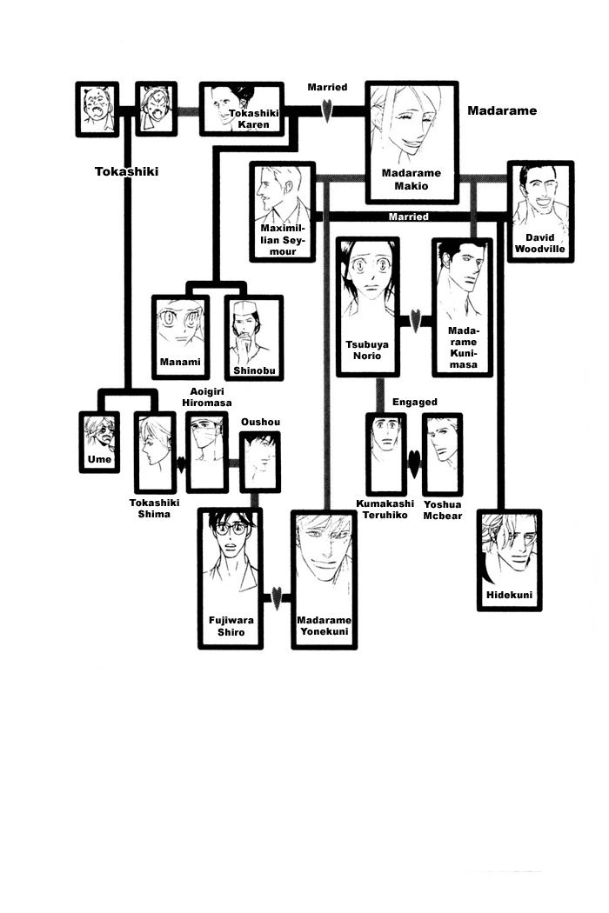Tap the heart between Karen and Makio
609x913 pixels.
tap(326, 110)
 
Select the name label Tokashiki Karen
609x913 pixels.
tap(250, 119)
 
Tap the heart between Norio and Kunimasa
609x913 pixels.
tap(415, 321)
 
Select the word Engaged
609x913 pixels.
tap(414, 403)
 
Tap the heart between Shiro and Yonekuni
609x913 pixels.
tap(277, 597)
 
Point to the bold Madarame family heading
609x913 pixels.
tap(502, 110)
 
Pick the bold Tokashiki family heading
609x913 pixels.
tap(126, 171)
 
